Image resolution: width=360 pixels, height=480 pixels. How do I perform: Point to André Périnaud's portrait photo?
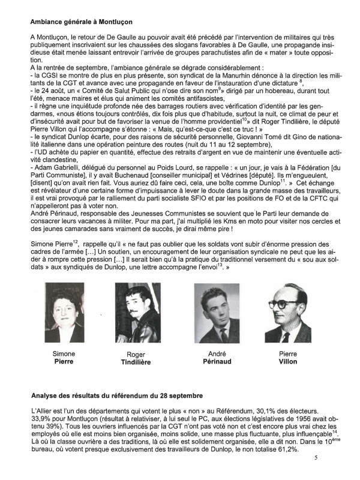(215, 313)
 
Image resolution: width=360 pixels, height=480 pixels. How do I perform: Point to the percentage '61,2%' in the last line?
(284, 449)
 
